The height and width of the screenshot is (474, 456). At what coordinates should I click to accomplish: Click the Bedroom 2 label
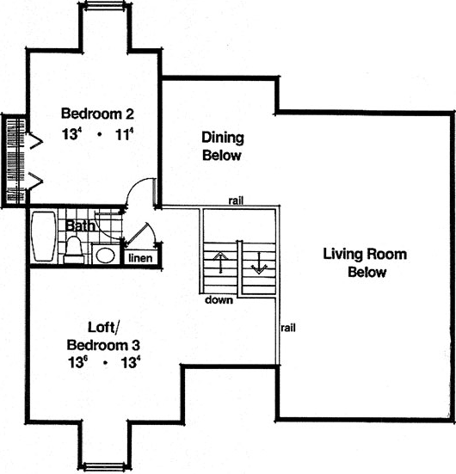97,114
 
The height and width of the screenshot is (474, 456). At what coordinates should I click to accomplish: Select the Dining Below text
222,146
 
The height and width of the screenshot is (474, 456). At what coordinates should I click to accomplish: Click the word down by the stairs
219,301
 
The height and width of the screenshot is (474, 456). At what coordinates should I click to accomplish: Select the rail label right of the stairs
288,328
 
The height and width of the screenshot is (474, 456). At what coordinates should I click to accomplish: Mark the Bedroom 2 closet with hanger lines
15,159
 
